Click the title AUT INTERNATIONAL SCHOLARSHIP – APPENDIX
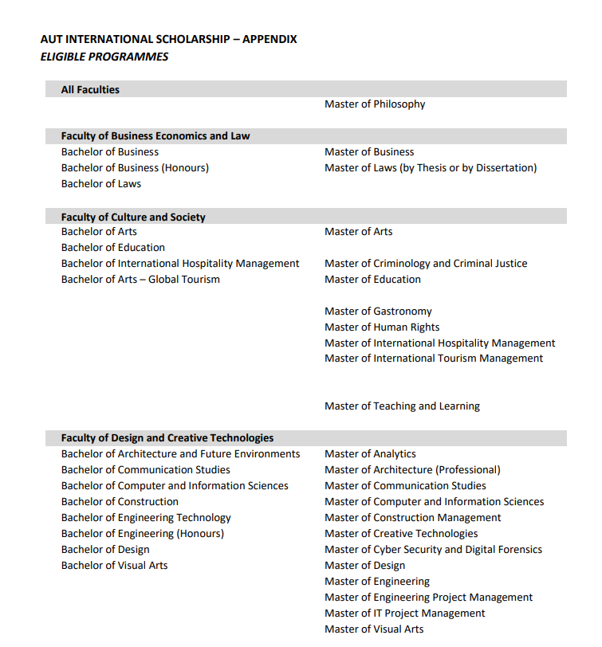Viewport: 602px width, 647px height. point(168,39)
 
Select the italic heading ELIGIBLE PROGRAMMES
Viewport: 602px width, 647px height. point(104,57)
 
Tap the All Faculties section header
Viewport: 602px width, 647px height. point(90,90)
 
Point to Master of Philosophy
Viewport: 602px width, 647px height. point(375,104)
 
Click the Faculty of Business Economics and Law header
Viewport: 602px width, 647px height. point(155,136)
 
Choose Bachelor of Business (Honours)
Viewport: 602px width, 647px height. point(135,168)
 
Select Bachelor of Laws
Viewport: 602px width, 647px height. point(101,184)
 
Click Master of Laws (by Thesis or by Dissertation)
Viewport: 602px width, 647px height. point(431,168)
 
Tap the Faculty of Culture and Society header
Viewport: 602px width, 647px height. point(133,218)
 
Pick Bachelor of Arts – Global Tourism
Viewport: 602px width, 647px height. point(140,280)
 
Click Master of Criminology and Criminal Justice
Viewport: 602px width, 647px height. point(426,264)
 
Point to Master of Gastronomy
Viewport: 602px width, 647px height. point(378,312)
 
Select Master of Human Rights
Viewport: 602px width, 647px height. point(382,327)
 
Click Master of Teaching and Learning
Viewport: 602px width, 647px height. point(402,406)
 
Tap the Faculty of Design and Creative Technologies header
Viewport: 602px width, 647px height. point(167,438)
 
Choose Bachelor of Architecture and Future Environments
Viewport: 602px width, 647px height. point(180,454)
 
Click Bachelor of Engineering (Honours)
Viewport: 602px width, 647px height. point(143,534)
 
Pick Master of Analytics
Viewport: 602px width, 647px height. point(370,454)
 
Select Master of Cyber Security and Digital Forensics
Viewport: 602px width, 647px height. point(433,550)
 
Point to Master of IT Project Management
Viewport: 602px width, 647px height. point(404,614)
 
